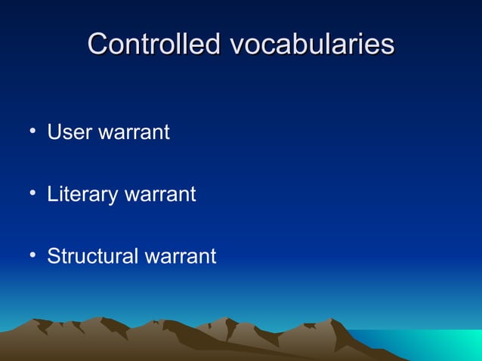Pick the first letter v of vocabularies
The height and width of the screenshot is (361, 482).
pyautogui.click(x=236, y=46)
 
